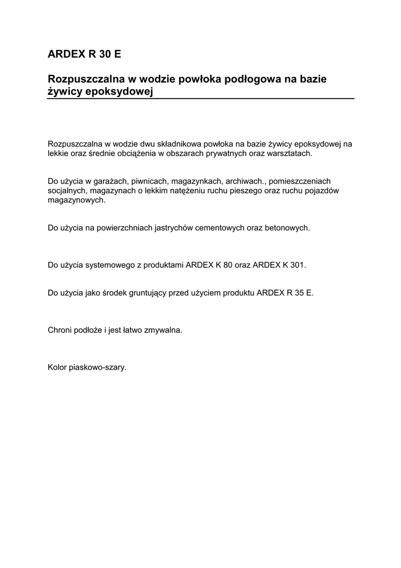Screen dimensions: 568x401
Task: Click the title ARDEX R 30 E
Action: click(84, 54)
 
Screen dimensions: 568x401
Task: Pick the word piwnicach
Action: click(150, 181)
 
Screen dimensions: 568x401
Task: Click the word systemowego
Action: click(110, 265)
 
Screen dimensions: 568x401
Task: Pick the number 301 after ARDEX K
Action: click(297, 265)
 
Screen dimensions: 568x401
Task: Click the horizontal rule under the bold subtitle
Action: click(200, 99)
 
